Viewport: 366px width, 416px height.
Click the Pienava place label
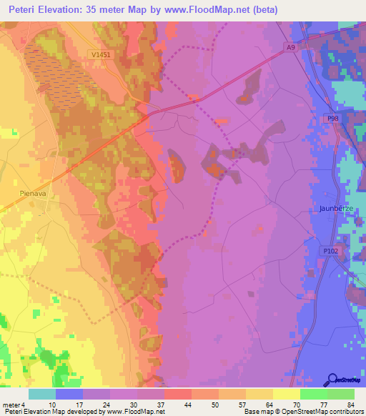pos(33,192)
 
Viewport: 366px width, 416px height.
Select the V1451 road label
pos(102,54)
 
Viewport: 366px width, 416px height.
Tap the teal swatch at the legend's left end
pos(41,394)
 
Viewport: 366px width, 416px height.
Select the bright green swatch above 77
pos(313,394)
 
